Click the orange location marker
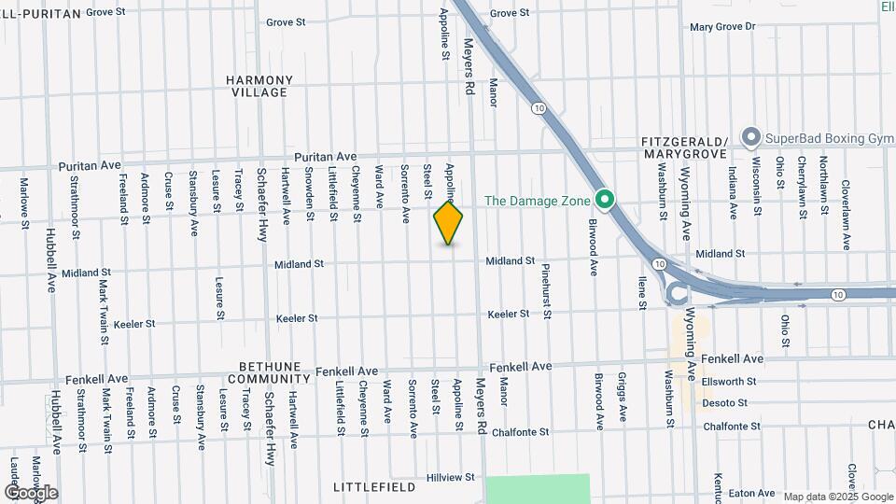pos(448,223)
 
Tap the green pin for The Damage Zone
pos(604,200)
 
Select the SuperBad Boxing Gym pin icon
pos(750,138)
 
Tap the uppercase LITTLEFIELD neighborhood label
pos(372,487)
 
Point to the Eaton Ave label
pos(752,493)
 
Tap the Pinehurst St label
pos(547,290)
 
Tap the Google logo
pos(31,493)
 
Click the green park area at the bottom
pos(539,489)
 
